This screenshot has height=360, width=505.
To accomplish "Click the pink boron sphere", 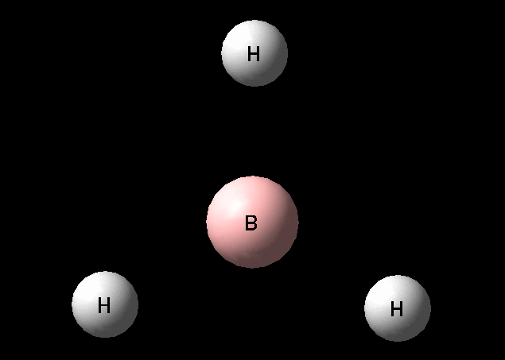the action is pyautogui.click(x=253, y=222).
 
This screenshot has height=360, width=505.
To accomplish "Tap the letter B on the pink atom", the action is pyautogui.click(x=251, y=223).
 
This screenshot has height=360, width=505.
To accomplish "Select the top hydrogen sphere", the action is pyautogui.click(x=254, y=53).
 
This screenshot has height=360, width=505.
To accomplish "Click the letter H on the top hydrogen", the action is pyautogui.click(x=254, y=54).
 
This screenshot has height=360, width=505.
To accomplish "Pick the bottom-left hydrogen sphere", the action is pyautogui.click(x=105, y=304).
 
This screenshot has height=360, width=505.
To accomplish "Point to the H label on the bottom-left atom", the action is pyautogui.click(x=104, y=305).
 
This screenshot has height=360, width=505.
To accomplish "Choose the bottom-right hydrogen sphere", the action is pyautogui.click(x=398, y=308).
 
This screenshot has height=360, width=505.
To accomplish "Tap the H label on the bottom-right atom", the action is pyautogui.click(x=397, y=309).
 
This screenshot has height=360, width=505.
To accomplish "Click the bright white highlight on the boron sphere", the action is pyautogui.click(x=237, y=204).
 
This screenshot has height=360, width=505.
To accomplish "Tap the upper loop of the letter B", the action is pyautogui.click(x=253, y=219).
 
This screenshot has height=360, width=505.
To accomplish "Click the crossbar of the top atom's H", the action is pyautogui.click(x=254, y=54).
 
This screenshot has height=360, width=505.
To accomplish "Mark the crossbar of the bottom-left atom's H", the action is pyautogui.click(x=104, y=305).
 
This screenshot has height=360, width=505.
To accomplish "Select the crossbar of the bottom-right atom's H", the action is pyautogui.click(x=397, y=309).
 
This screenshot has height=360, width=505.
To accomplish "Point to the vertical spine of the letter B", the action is pyautogui.click(x=247, y=223).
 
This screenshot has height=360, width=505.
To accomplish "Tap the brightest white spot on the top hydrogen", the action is pyautogui.click(x=240, y=39).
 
